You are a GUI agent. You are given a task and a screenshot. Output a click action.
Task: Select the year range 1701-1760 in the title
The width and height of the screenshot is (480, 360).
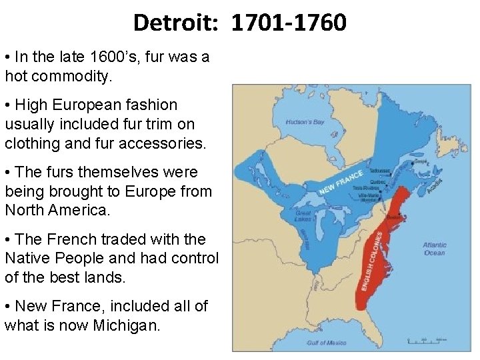pos(289,23)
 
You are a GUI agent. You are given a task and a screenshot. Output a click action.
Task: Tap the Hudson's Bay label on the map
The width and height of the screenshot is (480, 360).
pos(305,123)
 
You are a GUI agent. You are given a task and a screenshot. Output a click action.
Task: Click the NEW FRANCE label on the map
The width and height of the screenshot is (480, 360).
pos(341,181)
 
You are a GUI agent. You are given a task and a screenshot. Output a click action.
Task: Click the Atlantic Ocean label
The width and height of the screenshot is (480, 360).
pos(435,249)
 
